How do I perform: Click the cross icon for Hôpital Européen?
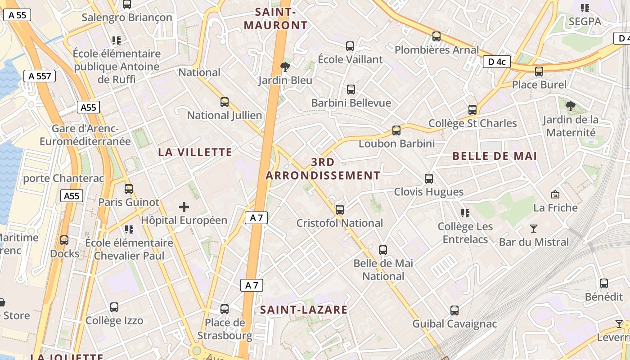point(184,207)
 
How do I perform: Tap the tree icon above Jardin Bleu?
point(285,67)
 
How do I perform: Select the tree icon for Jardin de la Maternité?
point(571,106)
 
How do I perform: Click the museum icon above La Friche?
point(555,194)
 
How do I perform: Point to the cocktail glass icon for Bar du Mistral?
point(534,229)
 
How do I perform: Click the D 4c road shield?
point(497,62)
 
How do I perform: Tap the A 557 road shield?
point(40,76)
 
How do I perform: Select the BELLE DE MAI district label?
point(495,156)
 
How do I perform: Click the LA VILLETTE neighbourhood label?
point(195,153)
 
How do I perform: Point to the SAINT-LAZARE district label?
point(304,310)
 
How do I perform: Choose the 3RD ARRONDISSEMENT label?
point(323,169)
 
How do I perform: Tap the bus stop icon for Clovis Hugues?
point(429,179)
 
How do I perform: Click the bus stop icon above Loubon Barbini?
point(396,130)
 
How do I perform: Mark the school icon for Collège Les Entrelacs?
point(465,213)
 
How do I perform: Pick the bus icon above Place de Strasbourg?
point(225,309)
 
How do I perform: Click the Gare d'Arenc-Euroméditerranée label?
point(85,135)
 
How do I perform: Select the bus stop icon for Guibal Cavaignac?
point(454,310)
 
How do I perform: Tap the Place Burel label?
point(540,85)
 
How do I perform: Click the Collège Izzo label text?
point(114,321)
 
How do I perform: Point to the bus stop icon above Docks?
point(64,240)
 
